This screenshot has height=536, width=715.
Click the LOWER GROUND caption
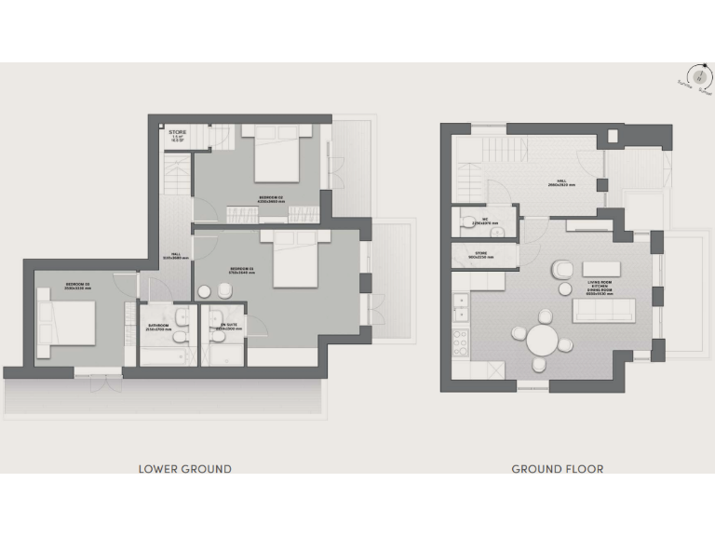coord(184,469)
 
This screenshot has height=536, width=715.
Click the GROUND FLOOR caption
coord(557,469)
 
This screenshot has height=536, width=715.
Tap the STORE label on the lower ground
coord(177,133)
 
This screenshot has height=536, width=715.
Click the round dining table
coord(543,341)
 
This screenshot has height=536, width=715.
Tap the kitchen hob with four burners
coord(459,343)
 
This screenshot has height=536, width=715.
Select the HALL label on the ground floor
coord(561,182)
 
